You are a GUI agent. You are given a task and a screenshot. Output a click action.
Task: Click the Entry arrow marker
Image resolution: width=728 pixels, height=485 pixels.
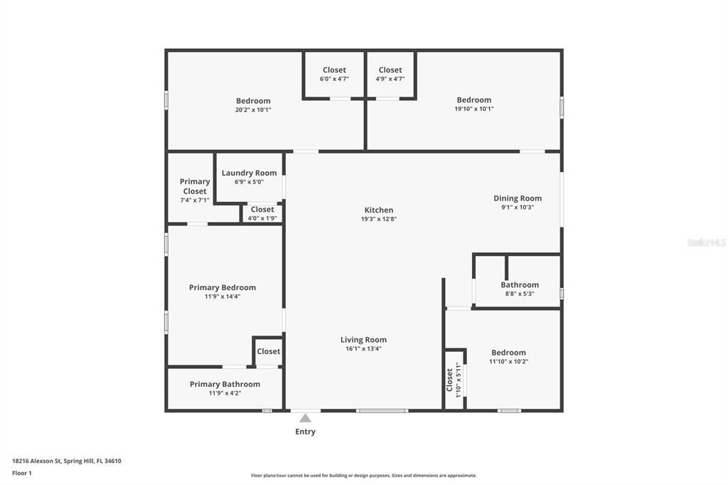point(305,418)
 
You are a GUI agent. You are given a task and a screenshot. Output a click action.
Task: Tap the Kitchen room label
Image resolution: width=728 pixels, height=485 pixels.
point(378,210)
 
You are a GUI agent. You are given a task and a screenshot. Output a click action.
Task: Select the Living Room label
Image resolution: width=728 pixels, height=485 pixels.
point(363,340)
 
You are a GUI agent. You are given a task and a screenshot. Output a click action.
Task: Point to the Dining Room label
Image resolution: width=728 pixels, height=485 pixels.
point(518,198)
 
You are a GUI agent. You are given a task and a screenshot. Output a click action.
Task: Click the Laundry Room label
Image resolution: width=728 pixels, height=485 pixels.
point(249,173)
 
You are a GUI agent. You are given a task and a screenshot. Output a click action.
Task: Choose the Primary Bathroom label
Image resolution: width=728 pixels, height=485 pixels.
point(225,384)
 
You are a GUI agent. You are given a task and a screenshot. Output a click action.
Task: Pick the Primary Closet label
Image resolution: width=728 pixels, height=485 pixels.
point(195,186)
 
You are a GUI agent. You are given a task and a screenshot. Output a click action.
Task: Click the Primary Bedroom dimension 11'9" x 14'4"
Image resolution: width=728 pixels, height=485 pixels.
point(223,297)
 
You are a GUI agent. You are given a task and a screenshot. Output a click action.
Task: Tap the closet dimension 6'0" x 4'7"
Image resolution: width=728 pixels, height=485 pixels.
point(334,79)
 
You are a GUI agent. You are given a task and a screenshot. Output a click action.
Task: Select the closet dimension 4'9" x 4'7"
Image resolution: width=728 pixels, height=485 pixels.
point(390,79)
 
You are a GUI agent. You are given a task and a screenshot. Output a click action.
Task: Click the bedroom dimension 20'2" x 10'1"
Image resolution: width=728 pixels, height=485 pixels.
point(253,110)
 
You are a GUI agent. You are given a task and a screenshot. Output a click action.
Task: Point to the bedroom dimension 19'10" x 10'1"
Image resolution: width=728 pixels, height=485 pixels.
point(473,110)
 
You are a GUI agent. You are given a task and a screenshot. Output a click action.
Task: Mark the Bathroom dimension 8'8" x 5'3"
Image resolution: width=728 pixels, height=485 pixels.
point(520,294)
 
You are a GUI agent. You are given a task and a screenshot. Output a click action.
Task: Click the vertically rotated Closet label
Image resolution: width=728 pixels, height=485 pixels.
point(450,380)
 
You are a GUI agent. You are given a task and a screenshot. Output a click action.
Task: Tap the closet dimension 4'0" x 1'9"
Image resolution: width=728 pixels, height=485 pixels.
point(262,218)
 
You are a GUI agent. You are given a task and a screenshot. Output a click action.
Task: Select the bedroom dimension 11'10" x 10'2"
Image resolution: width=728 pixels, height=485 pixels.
point(508,361)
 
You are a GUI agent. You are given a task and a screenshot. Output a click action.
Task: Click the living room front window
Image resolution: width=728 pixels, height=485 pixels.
point(382,410)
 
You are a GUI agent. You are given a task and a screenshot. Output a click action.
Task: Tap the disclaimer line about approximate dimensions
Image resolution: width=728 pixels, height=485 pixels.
point(363,476)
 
